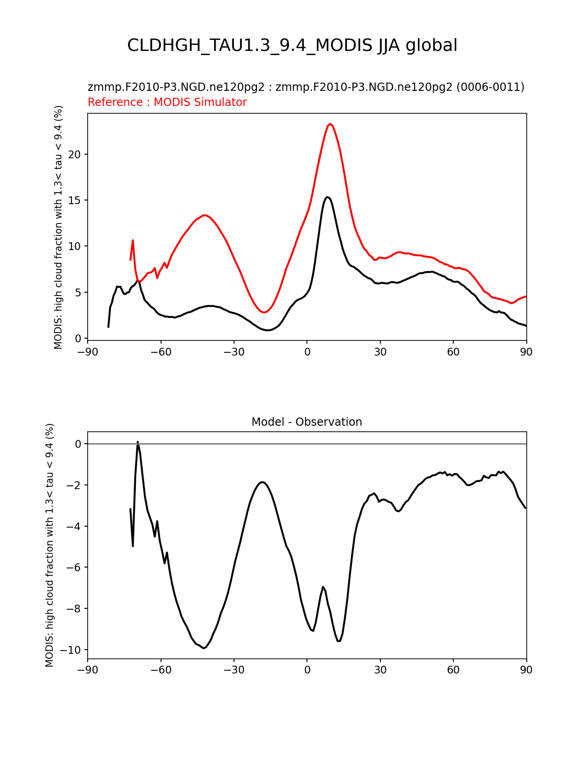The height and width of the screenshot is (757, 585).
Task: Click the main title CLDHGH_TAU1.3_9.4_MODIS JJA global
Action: [x=292, y=45]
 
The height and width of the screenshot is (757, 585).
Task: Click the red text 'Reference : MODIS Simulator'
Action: [x=167, y=102]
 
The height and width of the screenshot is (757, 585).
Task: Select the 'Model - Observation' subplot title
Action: [x=306, y=422]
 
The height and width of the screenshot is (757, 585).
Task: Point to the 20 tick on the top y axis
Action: [x=74, y=154]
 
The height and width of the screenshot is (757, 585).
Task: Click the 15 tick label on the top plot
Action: [x=74, y=200]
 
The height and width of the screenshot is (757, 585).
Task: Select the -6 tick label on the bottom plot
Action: [x=73, y=568]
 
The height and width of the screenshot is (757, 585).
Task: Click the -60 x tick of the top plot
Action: [x=161, y=352]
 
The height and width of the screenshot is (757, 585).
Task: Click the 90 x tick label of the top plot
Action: [x=526, y=352]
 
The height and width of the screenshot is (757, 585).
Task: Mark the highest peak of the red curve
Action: [x=330, y=124]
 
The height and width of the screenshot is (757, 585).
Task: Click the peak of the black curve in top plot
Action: [x=327, y=197]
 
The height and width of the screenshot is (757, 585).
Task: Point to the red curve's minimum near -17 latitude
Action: [x=264, y=312]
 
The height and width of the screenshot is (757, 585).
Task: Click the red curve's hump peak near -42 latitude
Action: [x=205, y=215]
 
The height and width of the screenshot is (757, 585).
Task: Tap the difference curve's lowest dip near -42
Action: [x=204, y=648]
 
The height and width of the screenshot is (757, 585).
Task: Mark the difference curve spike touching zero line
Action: [x=138, y=442]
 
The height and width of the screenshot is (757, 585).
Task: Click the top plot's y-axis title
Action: [x=58, y=227]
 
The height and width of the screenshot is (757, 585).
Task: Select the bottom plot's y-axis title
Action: [x=50, y=545]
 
